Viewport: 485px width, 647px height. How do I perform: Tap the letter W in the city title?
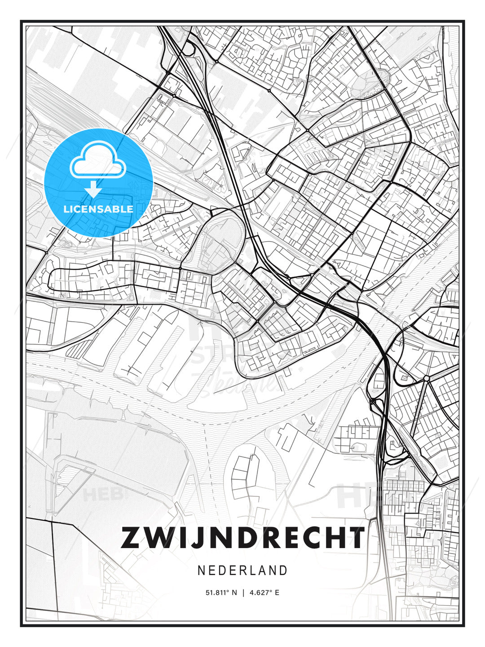click(160, 538)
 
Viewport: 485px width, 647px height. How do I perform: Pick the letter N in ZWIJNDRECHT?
click(219, 538)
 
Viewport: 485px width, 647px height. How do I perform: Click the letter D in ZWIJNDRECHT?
click(245, 538)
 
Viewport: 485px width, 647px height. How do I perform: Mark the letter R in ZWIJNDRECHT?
click(270, 538)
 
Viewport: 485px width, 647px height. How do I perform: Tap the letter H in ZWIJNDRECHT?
click(337, 538)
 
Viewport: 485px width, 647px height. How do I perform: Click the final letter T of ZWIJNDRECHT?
click(357, 538)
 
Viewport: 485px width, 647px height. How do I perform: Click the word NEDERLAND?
click(242, 571)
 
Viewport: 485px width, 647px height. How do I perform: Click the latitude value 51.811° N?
click(221, 593)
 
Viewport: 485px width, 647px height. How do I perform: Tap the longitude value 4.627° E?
click(264, 593)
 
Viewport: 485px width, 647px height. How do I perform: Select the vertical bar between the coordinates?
click(242, 593)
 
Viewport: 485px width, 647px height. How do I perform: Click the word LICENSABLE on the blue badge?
click(98, 209)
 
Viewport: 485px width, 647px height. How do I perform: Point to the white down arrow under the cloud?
click(93, 190)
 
